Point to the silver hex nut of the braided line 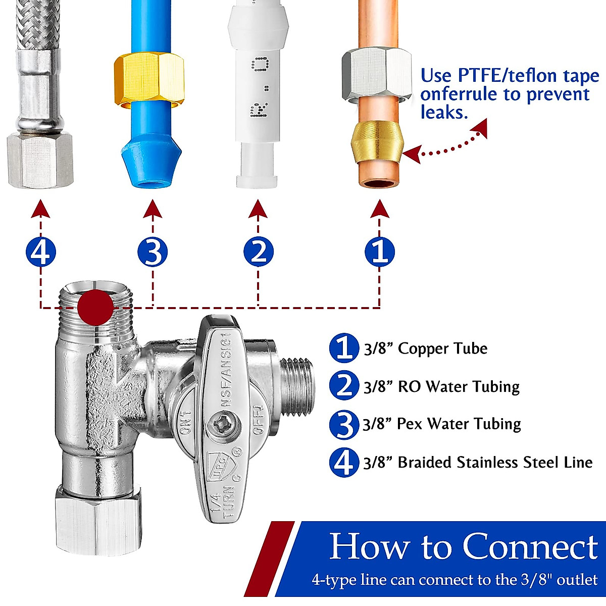[x=40, y=159]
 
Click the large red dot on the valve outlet [x=95, y=308]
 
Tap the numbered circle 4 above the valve [x=40, y=251]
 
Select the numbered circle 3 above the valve [x=153, y=251]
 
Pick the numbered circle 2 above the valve [x=259, y=251]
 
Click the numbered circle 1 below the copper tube [x=380, y=251]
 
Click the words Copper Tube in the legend [x=442, y=348]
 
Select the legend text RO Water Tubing [x=459, y=386]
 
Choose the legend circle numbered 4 [x=343, y=463]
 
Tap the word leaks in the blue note [x=444, y=112]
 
